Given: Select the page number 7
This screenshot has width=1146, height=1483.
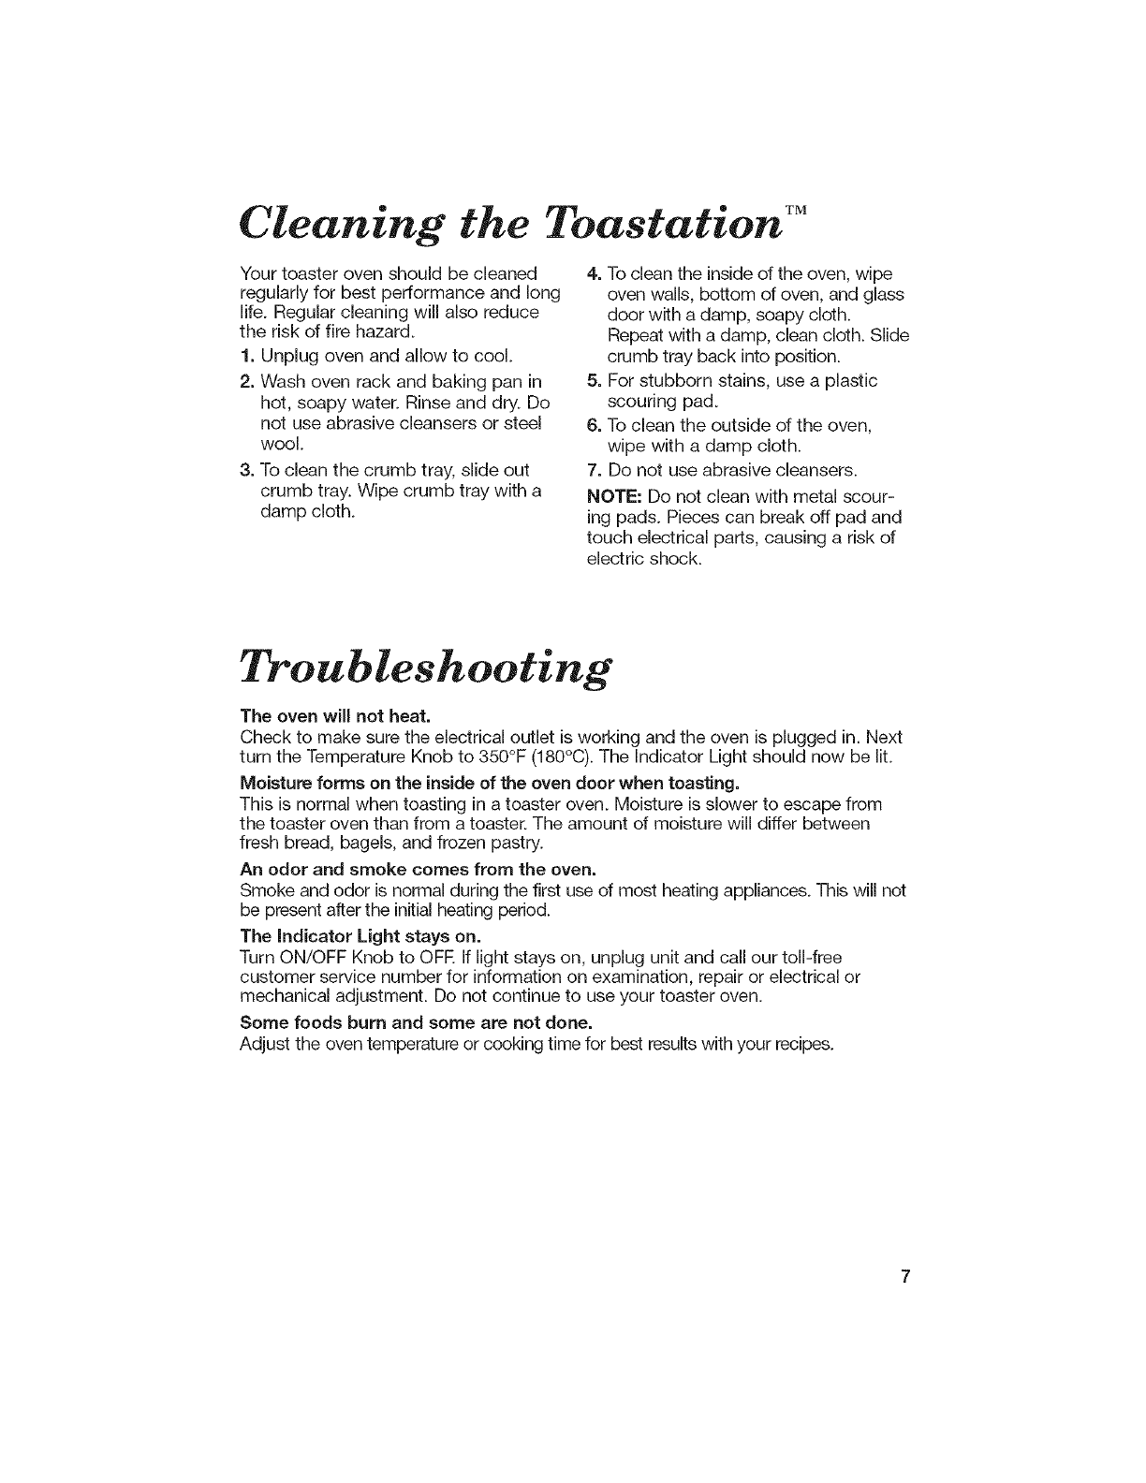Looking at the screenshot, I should [905, 1278].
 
